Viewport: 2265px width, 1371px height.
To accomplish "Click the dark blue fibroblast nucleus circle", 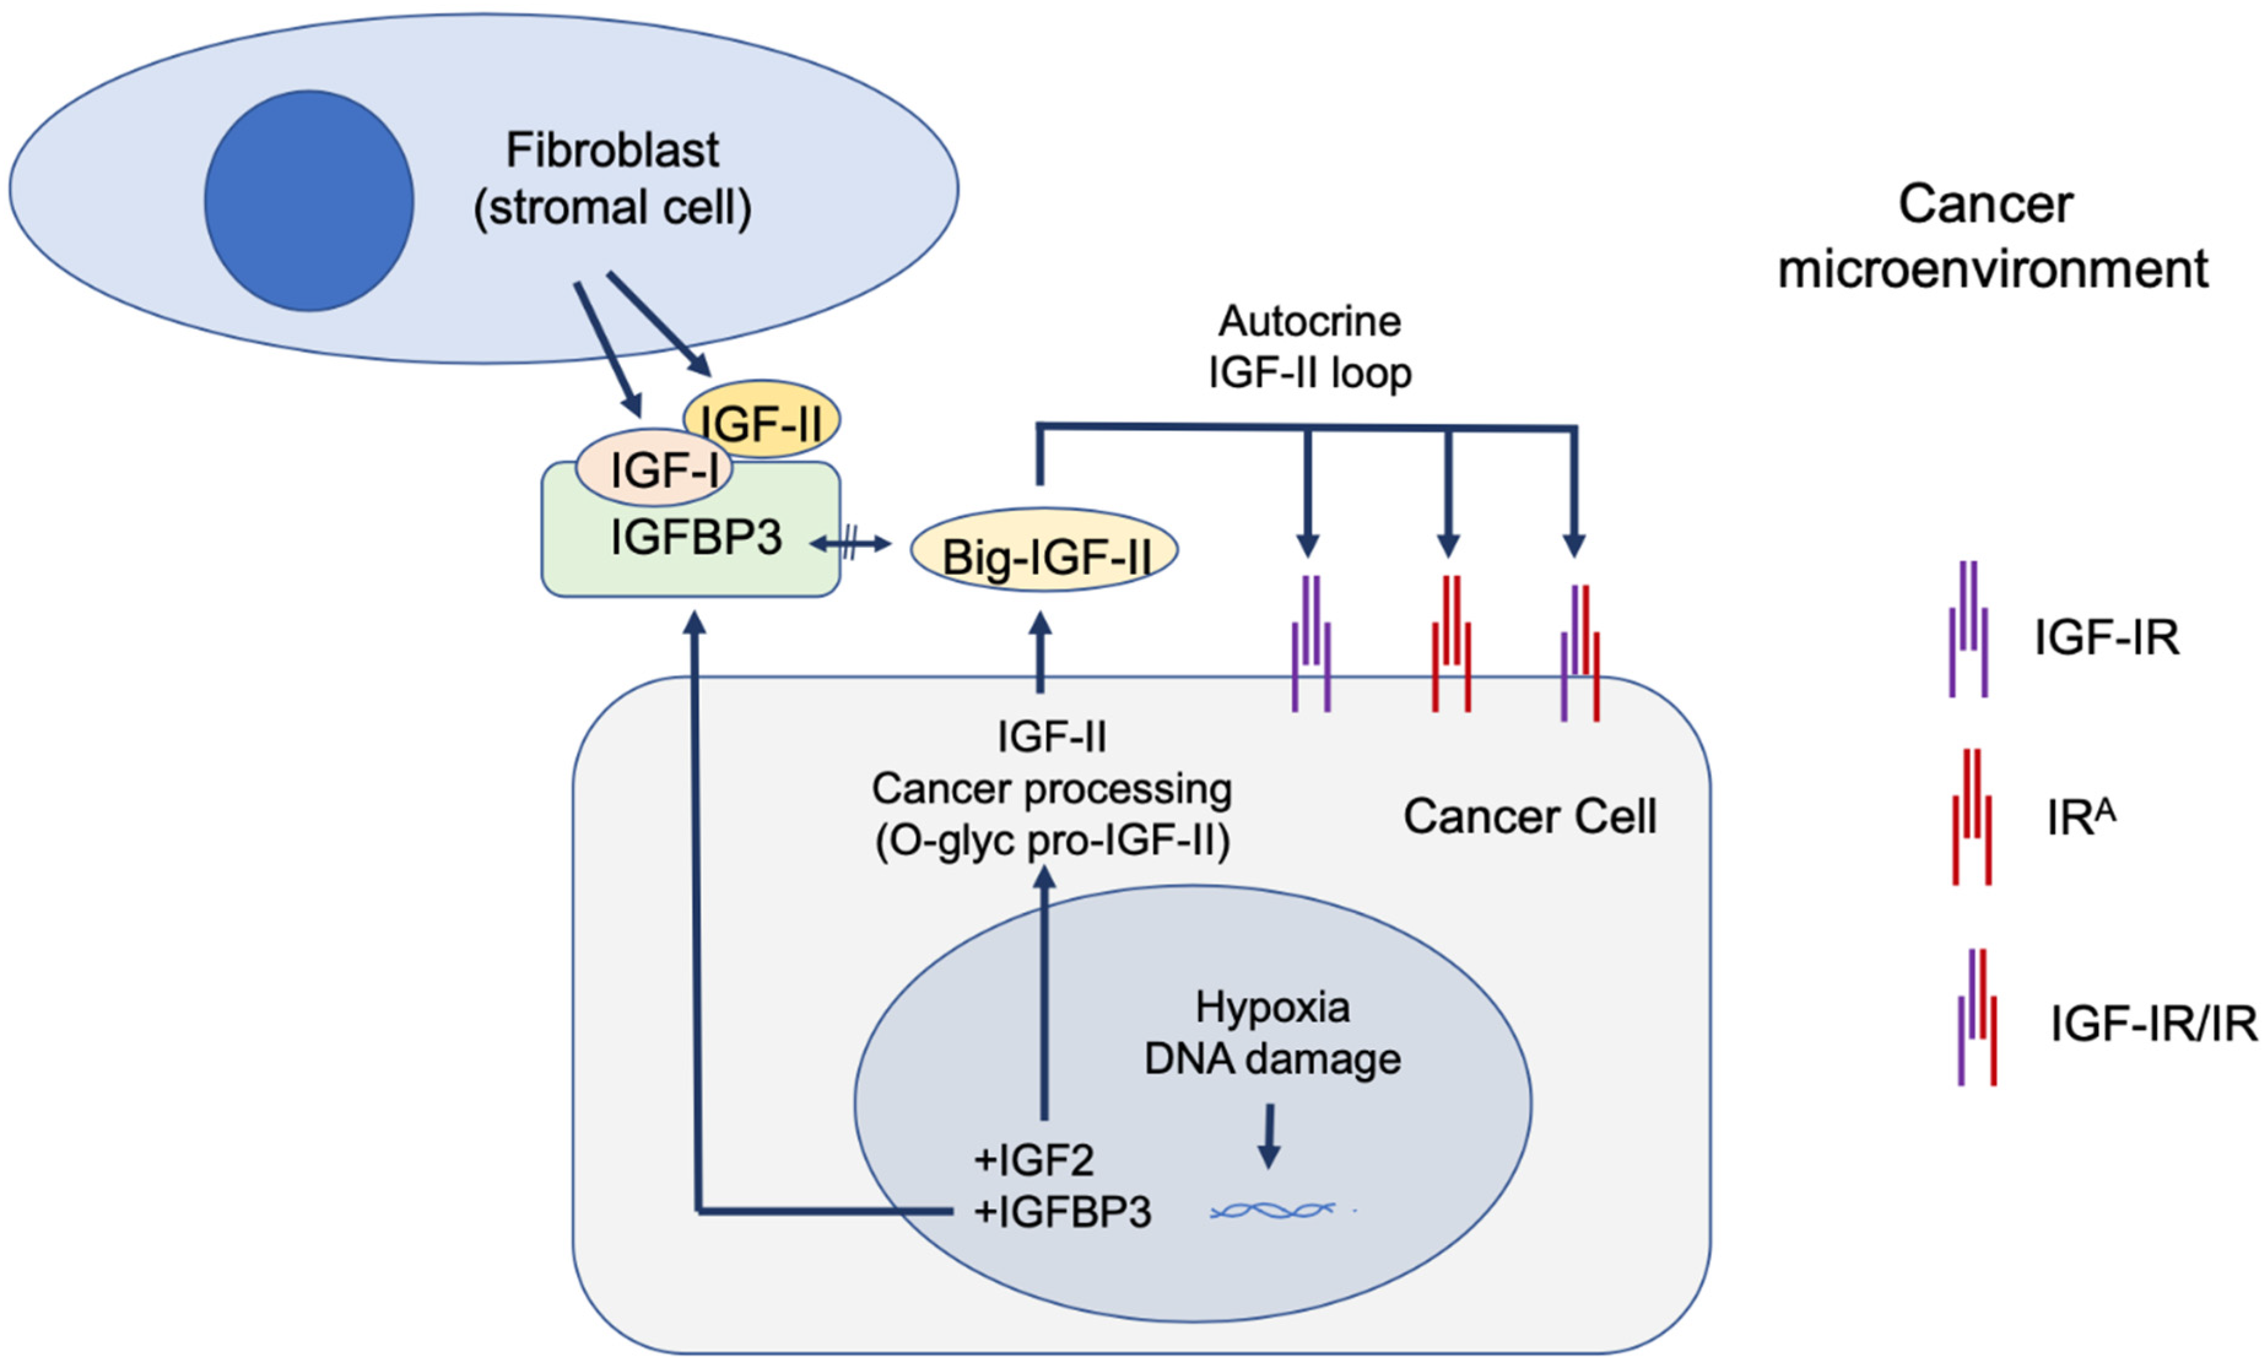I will click(309, 201).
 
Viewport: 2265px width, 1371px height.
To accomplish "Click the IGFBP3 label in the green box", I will click(696, 537).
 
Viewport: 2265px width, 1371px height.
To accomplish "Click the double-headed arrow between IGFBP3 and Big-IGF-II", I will click(850, 544).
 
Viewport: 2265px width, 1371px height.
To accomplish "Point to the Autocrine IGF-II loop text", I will click(1309, 347).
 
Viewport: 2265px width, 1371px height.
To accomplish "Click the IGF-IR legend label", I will click(2106, 637).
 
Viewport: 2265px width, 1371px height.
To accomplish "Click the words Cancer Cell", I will click(1529, 816).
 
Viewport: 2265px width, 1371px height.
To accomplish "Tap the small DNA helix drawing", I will click(1272, 1211).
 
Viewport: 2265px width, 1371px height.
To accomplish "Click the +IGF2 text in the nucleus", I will click(1033, 1159).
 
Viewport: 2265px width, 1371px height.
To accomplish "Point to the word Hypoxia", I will click(1272, 1007).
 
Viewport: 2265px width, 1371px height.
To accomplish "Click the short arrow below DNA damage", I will click(1269, 1136).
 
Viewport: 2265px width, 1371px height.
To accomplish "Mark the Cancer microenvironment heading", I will click(1992, 236).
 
